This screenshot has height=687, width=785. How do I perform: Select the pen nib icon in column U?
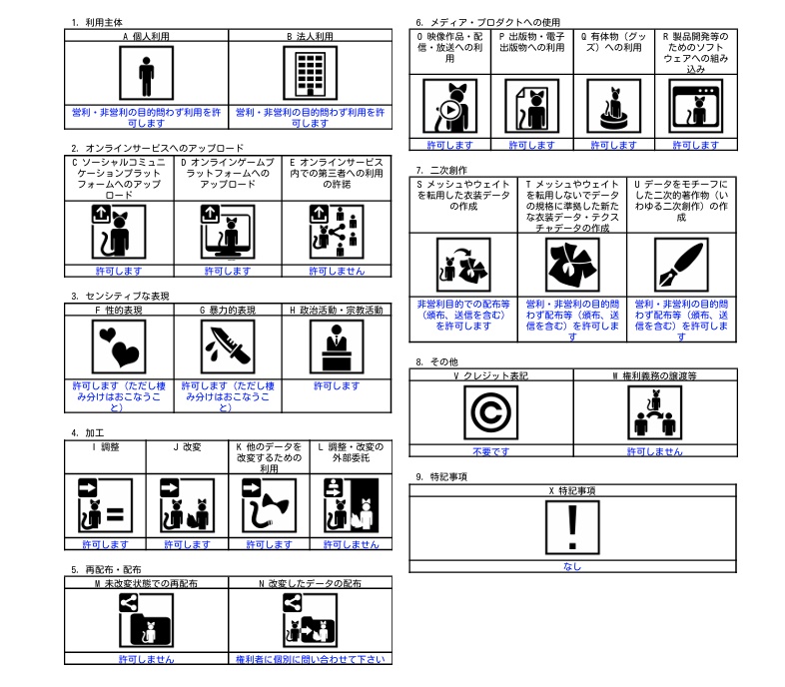click(x=680, y=265)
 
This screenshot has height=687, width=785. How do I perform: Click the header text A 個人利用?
click(x=146, y=36)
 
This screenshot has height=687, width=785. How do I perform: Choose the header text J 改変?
click(x=187, y=446)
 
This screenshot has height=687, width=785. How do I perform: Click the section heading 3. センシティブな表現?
click(x=121, y=296)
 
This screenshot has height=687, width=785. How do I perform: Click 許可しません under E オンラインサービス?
click(x=336, y=271)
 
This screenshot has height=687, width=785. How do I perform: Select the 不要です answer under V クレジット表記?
click(x=491, y=451)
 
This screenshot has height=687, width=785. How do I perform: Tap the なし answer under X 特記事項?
click(x=572, y=566)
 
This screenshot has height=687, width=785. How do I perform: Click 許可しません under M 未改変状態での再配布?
click(x=146, y=659)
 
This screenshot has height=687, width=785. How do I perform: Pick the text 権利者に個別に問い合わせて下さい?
click(x=310, y=659)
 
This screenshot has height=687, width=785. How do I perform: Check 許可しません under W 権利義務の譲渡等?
click(x=654, y=451)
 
